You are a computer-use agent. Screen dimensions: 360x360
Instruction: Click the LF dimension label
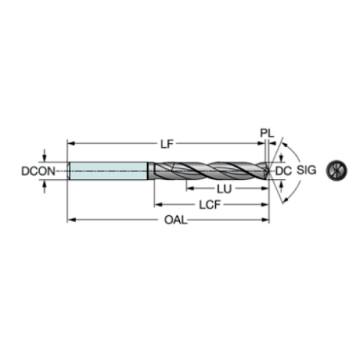[x=167, y=144]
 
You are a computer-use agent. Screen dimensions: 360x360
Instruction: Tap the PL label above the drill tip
[x=267, y=133]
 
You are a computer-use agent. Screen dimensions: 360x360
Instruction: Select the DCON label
[x=38, y=171]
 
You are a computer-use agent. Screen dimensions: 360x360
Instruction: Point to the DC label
[x=284, y=171]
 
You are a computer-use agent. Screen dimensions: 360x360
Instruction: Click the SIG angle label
[x=306, y=170]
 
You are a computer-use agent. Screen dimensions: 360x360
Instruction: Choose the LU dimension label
[x=224, y=189]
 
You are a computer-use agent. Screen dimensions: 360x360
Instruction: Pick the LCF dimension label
[x=210, y=205]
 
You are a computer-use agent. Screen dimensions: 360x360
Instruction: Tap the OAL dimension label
[x=176, y=220]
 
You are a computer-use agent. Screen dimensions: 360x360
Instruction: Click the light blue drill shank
[x=108, y=170]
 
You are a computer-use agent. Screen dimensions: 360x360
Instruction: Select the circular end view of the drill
[x=336, y=170]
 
